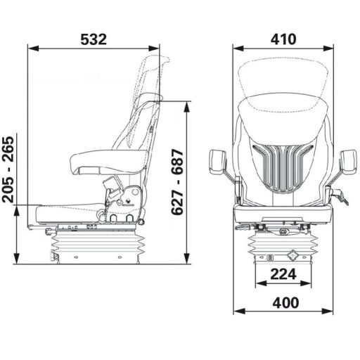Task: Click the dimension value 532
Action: click(94, 39)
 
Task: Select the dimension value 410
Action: click(283, 39)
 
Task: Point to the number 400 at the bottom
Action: click(283, 302)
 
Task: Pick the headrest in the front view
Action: click(283, 81)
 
